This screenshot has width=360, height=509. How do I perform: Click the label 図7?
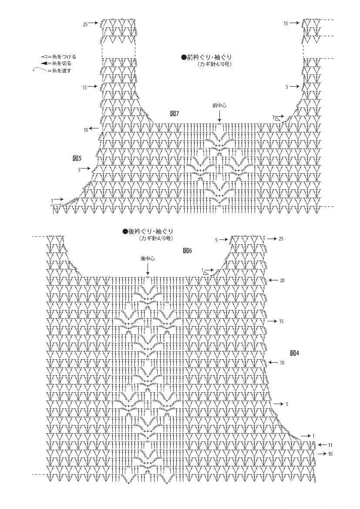pos(175,114)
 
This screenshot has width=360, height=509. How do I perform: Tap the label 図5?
pos(77,158)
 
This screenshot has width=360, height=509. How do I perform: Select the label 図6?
pos(188,251)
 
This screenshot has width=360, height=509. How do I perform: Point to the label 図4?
pos(294,353)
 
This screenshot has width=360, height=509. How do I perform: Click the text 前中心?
pos(219,105)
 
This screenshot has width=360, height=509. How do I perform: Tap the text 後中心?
pos(148,259)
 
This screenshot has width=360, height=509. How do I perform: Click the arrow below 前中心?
pos(219,115)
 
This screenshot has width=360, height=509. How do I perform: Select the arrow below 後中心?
pos(148,269)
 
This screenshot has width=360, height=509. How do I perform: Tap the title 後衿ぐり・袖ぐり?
pos(147,232)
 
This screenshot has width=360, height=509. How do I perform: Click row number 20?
pos(282,280)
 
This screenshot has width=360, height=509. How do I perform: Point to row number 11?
pos(330,445)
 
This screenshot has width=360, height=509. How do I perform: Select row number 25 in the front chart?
pos(85,24)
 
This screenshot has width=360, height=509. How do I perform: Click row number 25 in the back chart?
pos(281,239)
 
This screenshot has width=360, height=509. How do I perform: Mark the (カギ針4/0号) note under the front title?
pos(214,64)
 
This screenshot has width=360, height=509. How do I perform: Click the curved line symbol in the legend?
pos(39,69)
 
